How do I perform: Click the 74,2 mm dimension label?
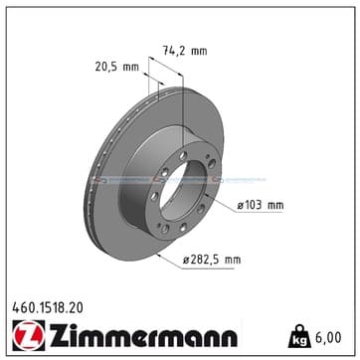[185, 51]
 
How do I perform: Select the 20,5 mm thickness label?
[117, 67]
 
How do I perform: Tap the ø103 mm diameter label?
[261, 206]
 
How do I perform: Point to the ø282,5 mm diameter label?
[212, 260]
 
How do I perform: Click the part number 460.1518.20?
[48, 308]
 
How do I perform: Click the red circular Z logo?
[29, 335]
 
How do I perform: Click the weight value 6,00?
[327, 338]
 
